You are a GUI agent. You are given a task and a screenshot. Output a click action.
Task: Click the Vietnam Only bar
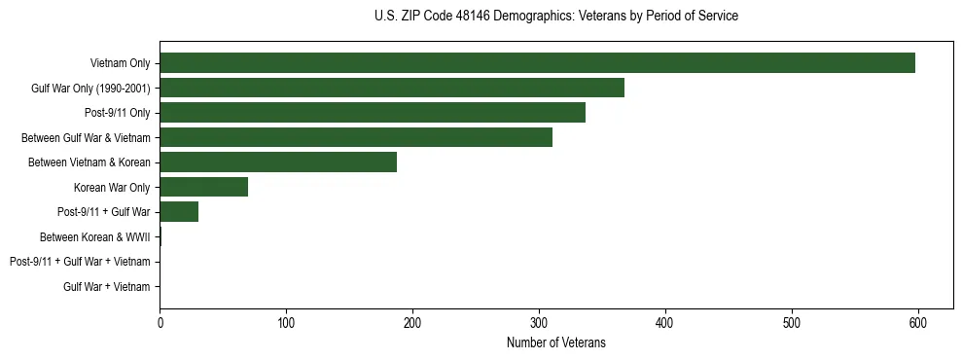click(x=537, y=62)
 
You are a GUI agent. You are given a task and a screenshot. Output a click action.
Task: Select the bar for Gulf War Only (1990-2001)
click(x=392, y=88)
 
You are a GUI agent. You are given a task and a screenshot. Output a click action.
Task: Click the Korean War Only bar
click(x=203, y=187)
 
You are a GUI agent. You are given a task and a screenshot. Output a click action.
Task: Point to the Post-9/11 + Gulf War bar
click(x=179, y=211)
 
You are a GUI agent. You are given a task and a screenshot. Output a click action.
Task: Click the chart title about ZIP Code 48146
click(x=555, y=17)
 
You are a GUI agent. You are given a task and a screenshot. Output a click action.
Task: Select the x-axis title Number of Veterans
click(x=555, y=342)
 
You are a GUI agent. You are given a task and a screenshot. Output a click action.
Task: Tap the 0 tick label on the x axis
click(x=160, y=323)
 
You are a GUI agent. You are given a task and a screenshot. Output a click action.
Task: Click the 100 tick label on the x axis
click(x=286, y=323)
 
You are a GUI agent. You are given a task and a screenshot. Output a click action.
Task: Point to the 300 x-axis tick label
click(x=539, y=323)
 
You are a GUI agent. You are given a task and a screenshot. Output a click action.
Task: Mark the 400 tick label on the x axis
click(x=665, y=323)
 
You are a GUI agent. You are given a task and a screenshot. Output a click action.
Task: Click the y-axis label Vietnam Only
click(x=120, y=63)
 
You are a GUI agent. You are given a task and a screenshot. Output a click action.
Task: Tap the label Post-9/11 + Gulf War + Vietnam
click(x=80, y=262)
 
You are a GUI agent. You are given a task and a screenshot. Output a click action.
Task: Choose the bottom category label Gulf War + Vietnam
click(x=106, y=286)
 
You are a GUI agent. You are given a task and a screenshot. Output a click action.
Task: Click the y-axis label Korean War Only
click(x=112, y=187)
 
